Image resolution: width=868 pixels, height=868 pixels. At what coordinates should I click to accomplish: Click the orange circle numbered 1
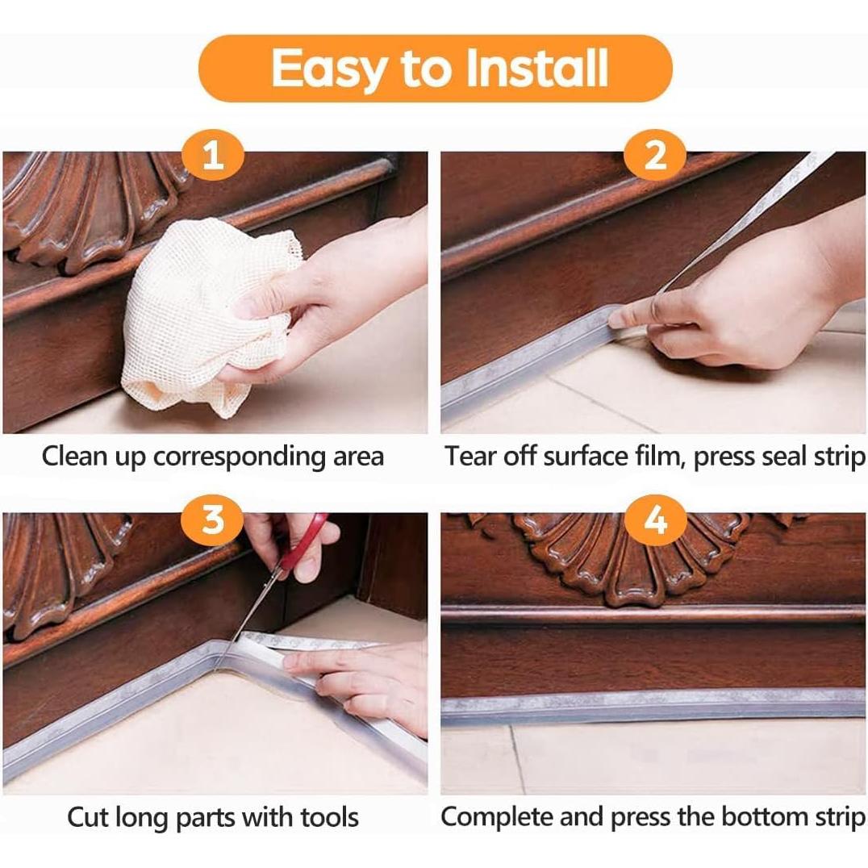213,154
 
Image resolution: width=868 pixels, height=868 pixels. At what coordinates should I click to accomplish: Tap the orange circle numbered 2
655,154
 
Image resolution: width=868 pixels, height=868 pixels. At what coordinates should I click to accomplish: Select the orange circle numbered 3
213,520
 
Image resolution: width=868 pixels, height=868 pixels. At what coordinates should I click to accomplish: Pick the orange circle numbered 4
655,520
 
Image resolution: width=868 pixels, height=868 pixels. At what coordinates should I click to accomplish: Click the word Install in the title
537,68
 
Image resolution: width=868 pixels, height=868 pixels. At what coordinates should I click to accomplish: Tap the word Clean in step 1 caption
75,457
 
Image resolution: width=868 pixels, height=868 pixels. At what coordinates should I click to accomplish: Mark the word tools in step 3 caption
329,818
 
